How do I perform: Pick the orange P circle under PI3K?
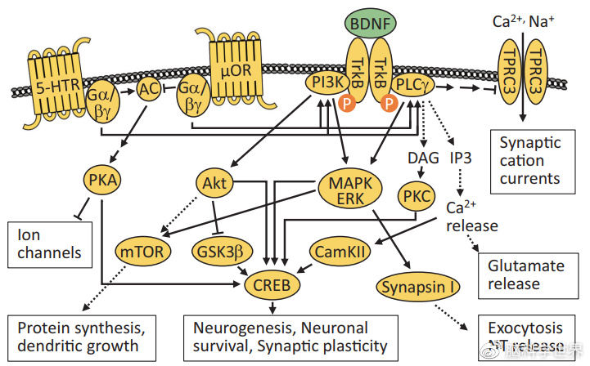tap(347, 104)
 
